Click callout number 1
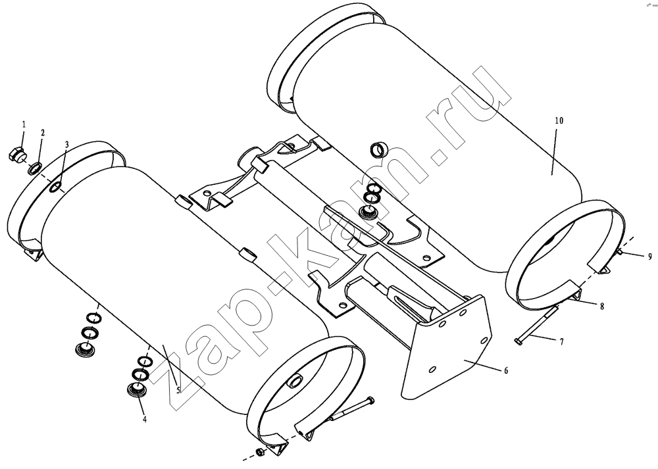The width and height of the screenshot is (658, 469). tap(24, 124)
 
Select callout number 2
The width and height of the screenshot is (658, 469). tap(42, 133)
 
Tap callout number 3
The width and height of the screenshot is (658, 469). tap(66, 144)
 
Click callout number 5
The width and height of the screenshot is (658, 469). tap(178, 390)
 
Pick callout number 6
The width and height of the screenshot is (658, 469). tap(506, 370)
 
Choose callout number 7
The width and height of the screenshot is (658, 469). tap(561, 342)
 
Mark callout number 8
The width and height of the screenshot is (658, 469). tap(602, 307)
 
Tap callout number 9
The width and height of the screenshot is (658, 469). tap(649, 257)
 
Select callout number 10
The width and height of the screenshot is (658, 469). tap(559, 121)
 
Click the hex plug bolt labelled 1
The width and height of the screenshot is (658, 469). tap(16, 155)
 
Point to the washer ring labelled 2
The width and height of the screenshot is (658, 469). tap(34, 168)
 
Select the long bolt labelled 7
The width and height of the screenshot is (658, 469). tap(537, 324)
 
